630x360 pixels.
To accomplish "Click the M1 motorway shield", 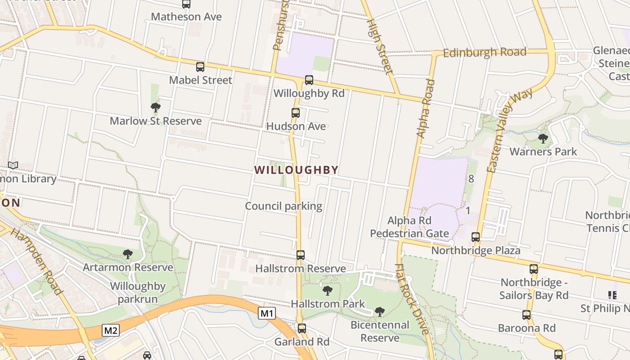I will [266, 313].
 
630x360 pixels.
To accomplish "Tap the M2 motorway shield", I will [110, 331].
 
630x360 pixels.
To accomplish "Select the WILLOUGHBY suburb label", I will [296, 170].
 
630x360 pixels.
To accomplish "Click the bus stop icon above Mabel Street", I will [200, 67].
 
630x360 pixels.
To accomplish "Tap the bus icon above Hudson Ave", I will [296, 113].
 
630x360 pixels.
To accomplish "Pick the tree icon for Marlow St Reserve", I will [156, 107].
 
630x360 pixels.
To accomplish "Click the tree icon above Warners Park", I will [543, 138].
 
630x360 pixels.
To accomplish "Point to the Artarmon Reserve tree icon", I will [128, 254].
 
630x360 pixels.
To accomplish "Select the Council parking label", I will [283, 206].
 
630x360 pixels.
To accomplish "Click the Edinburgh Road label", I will [485, 52].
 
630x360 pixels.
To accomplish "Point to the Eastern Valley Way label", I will [510, 130].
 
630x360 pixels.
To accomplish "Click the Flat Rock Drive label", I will [412, 299].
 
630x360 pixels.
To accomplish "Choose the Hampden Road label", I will [36, 261].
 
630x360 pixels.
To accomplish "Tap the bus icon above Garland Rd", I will [302, 328].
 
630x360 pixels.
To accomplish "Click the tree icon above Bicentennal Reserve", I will [380, 311].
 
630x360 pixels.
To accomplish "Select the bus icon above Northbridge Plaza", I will [476, 237].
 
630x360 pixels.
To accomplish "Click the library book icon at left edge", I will [13, 166].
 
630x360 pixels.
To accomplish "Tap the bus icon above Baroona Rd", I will [526, 315].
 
